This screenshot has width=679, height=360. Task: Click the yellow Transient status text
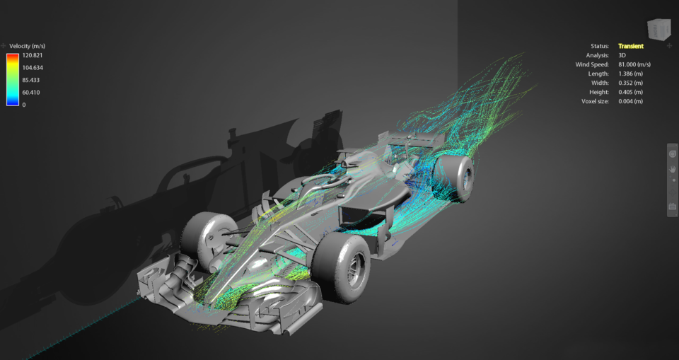pos(630,46)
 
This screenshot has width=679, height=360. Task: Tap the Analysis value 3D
pos(622,55)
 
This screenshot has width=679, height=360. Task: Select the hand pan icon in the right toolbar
pos(673,169)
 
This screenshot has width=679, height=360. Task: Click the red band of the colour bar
pos(13,56)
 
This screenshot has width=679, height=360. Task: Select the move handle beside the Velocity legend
pos(4,46)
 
